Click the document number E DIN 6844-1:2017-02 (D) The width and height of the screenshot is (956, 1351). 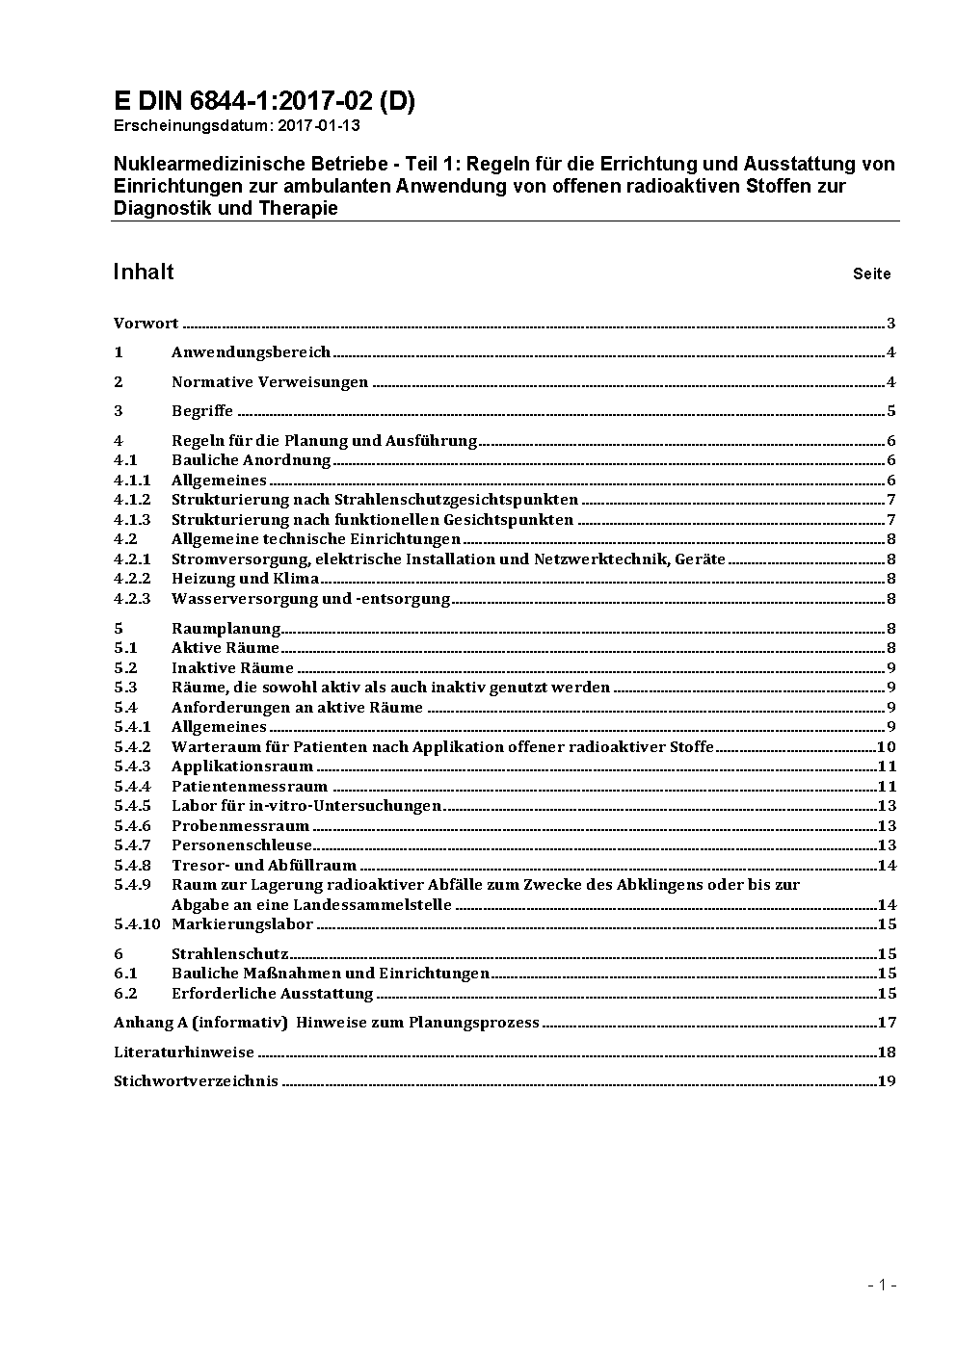264,101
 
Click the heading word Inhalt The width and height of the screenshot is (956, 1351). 143,272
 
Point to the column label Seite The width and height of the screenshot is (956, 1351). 871,273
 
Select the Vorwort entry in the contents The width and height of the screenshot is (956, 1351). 146,324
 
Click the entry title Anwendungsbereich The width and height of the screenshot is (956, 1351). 251,352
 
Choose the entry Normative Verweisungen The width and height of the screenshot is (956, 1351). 270,382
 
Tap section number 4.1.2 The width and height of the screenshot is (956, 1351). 132,500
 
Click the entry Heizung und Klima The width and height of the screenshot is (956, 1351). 245,579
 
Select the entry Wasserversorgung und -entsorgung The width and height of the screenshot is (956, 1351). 310,599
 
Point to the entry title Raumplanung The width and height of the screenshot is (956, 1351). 226,629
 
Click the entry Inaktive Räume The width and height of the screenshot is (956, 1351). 232,668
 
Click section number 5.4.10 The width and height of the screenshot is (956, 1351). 136,924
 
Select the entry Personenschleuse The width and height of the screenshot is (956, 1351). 242,845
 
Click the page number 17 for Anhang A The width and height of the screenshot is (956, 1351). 887,1023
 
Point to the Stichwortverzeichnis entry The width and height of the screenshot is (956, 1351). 196,1081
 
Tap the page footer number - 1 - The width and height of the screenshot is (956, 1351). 881,1285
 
